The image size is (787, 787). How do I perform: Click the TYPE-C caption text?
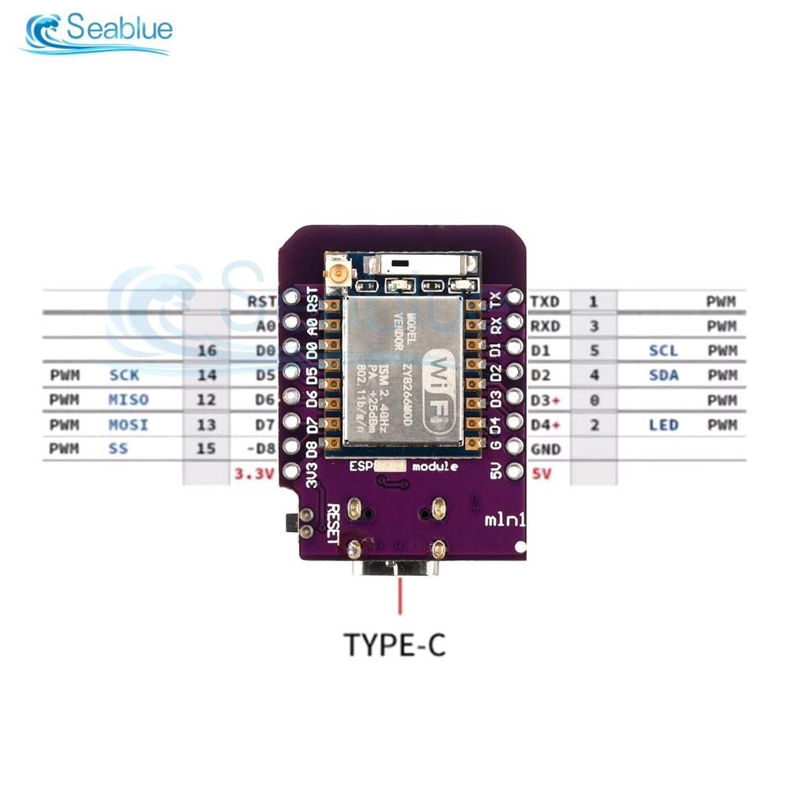point(395,645)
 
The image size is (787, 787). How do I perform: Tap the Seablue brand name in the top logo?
point(119,30)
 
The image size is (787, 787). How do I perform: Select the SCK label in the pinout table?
point(124,375)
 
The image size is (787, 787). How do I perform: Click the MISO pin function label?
point(127,400)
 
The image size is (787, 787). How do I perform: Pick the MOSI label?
point(127,425)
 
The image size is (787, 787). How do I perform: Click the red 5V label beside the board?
point(541,475)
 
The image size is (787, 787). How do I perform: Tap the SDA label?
point(663,375)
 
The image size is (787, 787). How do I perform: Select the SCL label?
point(663,350)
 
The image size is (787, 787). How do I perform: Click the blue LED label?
point(663,425)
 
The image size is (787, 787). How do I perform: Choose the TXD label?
point(545,301)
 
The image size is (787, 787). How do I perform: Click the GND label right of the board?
point(545,449)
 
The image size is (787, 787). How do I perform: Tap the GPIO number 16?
point(206,350)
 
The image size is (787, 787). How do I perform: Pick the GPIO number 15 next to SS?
point(206,449)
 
